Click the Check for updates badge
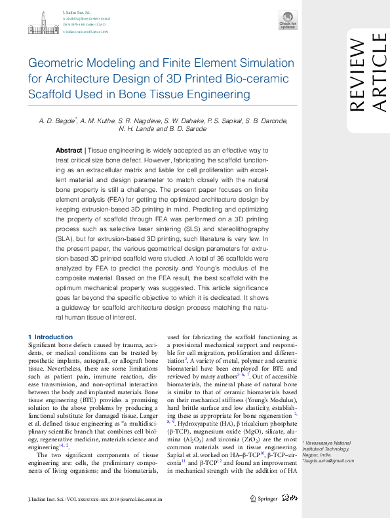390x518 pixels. pyautogui.click(x=288, y=20)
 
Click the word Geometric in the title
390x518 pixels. pyautogui.click(x=56, y=64)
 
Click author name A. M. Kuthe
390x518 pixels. pyautogui.click(x=100, y=120)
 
